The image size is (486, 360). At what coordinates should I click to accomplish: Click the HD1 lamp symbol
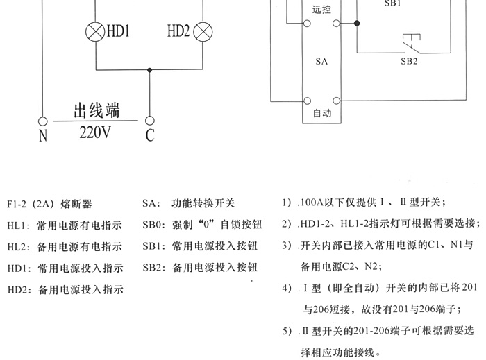pos(95,31)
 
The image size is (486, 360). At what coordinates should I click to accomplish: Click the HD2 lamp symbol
pos(203,31)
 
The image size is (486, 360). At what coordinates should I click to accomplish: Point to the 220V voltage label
pos(94,132)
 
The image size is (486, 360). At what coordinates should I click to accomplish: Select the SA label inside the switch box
pos(321,62)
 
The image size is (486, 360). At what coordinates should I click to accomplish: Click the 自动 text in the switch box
pos(322,113)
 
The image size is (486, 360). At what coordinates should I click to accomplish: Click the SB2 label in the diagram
pos(409,61)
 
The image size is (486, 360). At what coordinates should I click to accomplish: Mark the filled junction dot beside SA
pos(356,23)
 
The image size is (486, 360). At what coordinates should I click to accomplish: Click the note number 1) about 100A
pos(287,203)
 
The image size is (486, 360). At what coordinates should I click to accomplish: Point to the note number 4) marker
pos(287,287)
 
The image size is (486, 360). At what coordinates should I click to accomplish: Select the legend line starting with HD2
pos(65,289)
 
